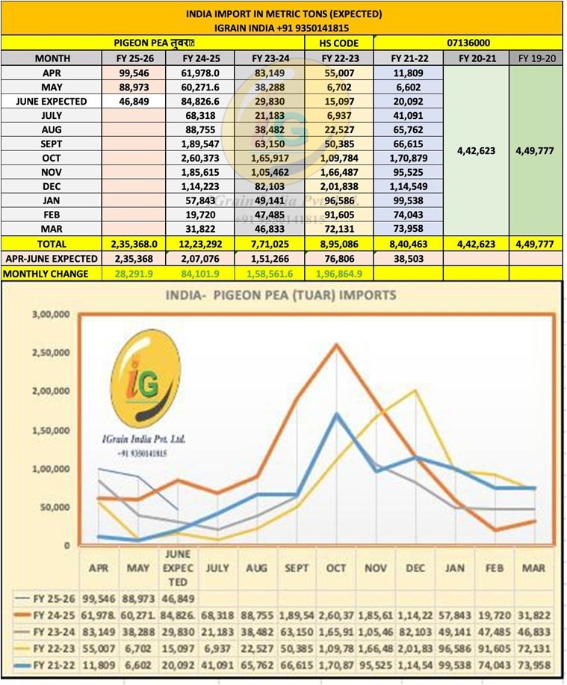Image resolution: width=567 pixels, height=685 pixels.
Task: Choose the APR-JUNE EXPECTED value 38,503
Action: [x=408, y=259]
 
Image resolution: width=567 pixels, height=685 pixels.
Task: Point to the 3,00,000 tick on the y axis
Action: [x=51, y=315]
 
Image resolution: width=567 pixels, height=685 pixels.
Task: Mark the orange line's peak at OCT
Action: [x=338, y=345]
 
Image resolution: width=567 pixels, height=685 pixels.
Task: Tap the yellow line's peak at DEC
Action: [x=415, y=391]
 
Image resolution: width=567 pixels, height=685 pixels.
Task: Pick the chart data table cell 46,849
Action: [x=178, y=599]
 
